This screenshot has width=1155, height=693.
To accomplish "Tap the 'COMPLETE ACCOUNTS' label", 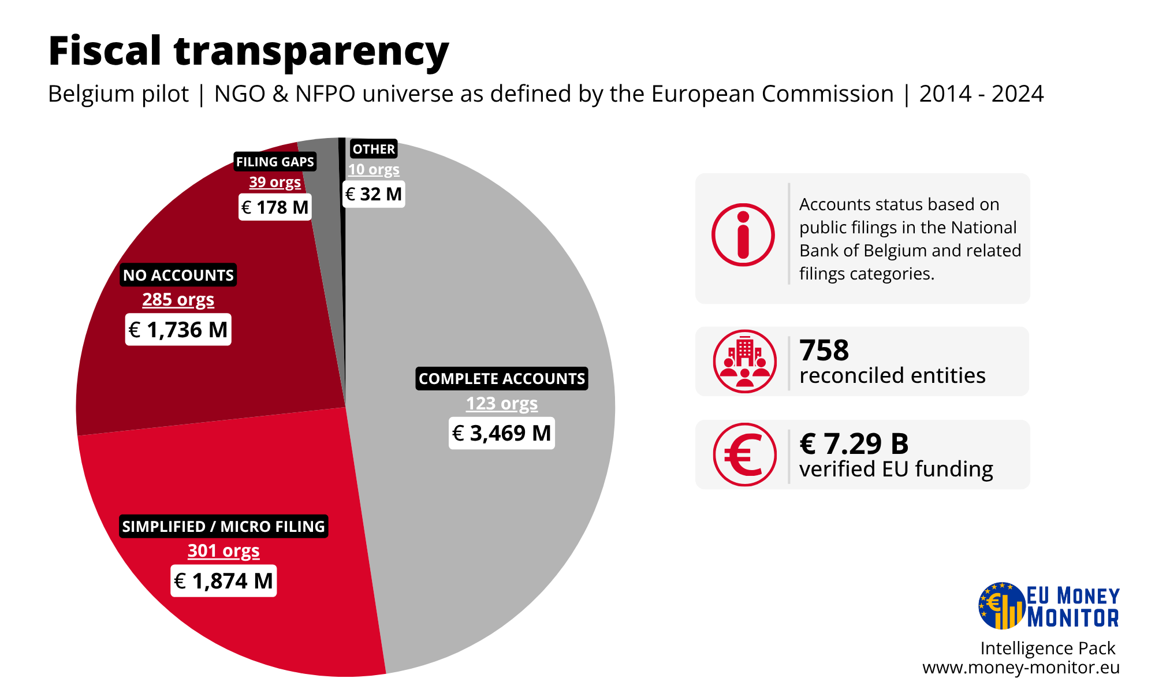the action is coord(502,379).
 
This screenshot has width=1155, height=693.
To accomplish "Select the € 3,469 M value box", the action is coord(502,433).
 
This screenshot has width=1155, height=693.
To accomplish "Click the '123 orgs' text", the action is coord(502,403).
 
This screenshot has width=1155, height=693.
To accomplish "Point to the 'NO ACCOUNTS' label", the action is coord(178,275).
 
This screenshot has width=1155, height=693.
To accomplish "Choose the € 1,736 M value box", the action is coord(178,330).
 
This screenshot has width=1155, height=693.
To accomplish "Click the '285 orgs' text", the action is coord(178,300).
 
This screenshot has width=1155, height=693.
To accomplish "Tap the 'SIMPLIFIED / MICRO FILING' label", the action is coord(223,526).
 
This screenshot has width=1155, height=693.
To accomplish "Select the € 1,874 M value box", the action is coord(223,581).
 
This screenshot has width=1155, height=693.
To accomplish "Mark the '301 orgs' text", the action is coord(223,551).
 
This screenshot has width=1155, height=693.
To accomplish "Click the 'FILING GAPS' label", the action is coord(275,162).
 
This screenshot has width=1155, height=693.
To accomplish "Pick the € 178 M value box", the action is coord(275,207).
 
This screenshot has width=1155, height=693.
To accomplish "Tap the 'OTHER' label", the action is coord(374,149).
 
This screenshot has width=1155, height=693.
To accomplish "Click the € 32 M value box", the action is coord(374,194).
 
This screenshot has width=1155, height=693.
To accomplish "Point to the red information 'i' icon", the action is coord(743,235).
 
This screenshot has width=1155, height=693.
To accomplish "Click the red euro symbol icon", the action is coord(745,454).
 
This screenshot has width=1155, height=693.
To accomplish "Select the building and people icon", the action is coord(745,362).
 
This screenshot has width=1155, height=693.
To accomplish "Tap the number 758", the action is coord(824,350).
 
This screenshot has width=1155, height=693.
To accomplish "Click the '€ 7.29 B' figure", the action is coord(854,444).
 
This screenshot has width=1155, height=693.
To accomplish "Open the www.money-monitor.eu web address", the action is coord(1021,668).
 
